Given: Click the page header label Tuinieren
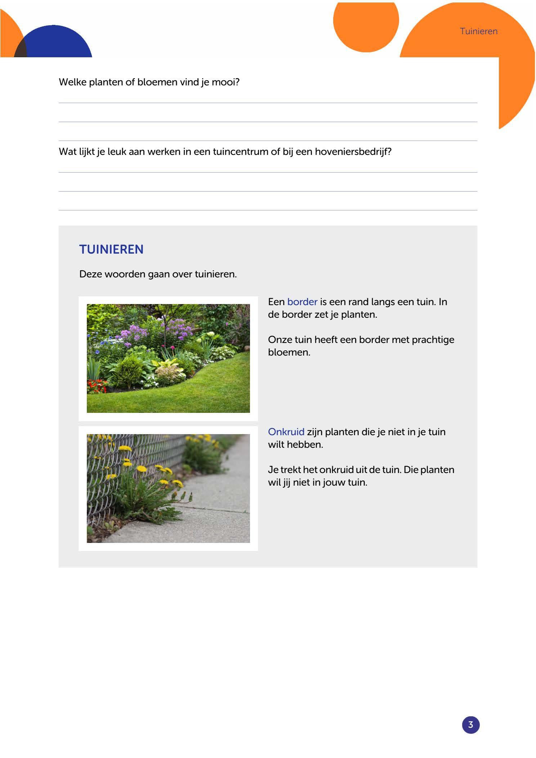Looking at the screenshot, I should [478, 31].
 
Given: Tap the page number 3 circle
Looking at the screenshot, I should [470, 724].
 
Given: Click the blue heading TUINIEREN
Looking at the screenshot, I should [111, 249].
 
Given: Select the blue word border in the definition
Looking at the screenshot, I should [302, 302].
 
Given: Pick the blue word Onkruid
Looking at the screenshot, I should [286, 432].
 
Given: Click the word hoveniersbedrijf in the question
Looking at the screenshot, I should [353, 152].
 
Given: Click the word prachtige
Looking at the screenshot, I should [433, 340].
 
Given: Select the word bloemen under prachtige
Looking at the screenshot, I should [289, 352].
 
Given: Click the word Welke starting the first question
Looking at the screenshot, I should [72, 82].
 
